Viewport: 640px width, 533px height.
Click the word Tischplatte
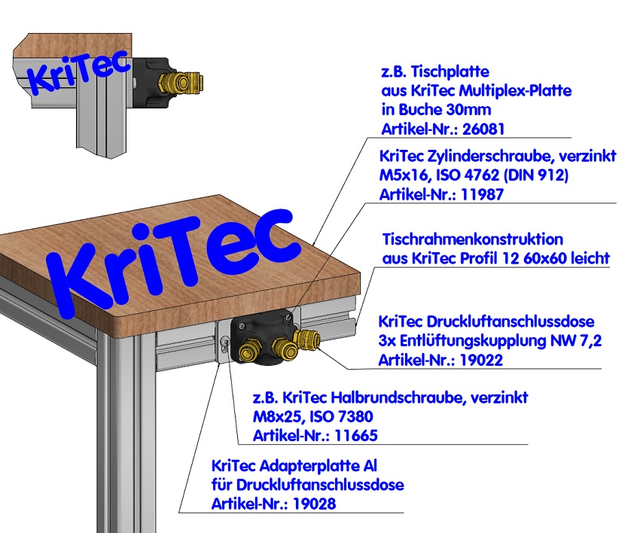coord(452,72)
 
